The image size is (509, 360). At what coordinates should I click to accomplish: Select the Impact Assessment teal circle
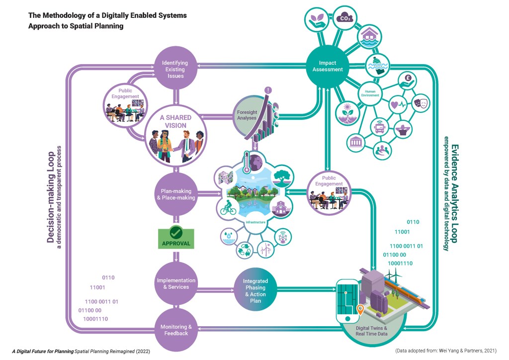[327, 66]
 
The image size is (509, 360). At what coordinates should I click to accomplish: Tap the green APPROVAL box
[175, 238]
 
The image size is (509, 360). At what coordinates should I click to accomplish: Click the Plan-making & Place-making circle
[175, 194]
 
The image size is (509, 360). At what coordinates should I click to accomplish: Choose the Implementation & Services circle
[175, 284]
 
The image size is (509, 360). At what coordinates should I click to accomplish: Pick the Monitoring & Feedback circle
[175, 329]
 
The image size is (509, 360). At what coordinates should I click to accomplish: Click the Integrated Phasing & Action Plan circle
[254, 288]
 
